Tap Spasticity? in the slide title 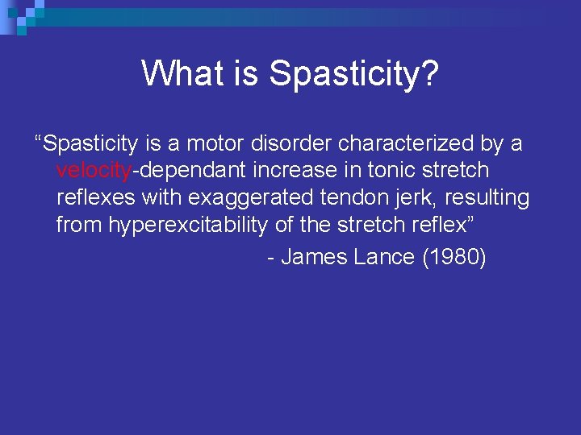click(x=353, y=73)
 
